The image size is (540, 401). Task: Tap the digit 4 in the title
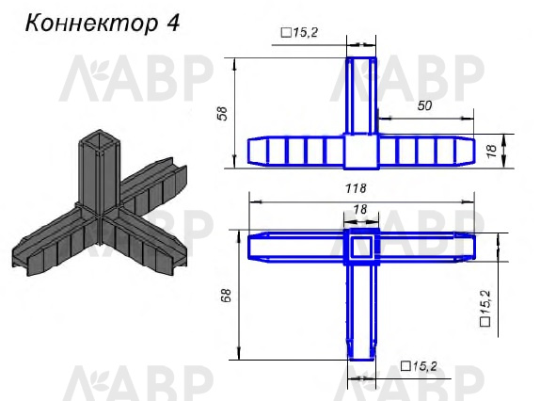pos(173,23)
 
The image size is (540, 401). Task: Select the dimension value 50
pos(424,105)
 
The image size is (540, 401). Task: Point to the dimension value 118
pos(356,189)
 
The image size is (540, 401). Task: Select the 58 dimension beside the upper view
pos(223,113)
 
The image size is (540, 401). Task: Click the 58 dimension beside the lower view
pos(227,296)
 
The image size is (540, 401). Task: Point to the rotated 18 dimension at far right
pos(492,151)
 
